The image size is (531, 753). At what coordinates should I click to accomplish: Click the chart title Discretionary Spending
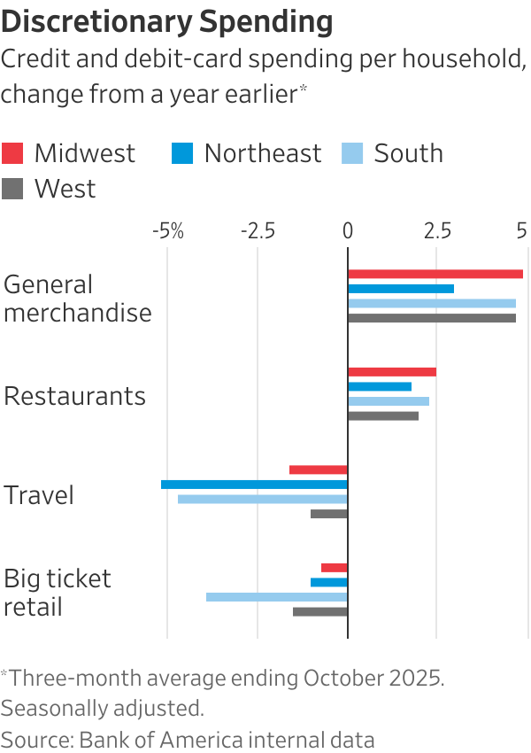pos(167,21)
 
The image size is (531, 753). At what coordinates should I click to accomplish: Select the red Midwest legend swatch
pos(12,153)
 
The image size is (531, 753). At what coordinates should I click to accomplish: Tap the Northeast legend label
pos(263,153)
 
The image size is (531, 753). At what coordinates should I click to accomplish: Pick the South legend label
pos(408,153)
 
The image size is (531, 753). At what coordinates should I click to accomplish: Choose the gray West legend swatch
pos(12,189)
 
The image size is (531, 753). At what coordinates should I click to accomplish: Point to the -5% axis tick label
pos(167,231)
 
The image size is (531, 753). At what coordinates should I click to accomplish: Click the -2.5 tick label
pos(257,231)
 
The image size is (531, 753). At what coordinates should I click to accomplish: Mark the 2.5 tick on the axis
pos(435,231)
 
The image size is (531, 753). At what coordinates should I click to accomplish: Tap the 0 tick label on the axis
pos(348,231)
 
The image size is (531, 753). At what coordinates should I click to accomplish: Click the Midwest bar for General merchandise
pos(435,274)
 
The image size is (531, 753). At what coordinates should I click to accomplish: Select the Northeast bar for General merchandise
pos(400,289)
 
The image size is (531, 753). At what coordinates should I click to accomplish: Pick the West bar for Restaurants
pos(382,415)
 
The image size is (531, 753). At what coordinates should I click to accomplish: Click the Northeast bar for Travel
pos(254,485)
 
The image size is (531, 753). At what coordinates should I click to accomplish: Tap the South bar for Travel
pos(262,499)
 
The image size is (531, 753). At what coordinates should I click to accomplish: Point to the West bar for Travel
pos(328,514)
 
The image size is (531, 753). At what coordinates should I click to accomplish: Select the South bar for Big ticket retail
pos(276,597)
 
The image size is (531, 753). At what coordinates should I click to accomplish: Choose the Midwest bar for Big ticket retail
pos(334,567)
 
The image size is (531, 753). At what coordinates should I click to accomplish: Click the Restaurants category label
pos(74,395)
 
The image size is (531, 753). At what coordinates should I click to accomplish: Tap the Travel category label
pos(39,494)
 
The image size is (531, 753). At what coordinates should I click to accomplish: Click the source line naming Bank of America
pos(188,740)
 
